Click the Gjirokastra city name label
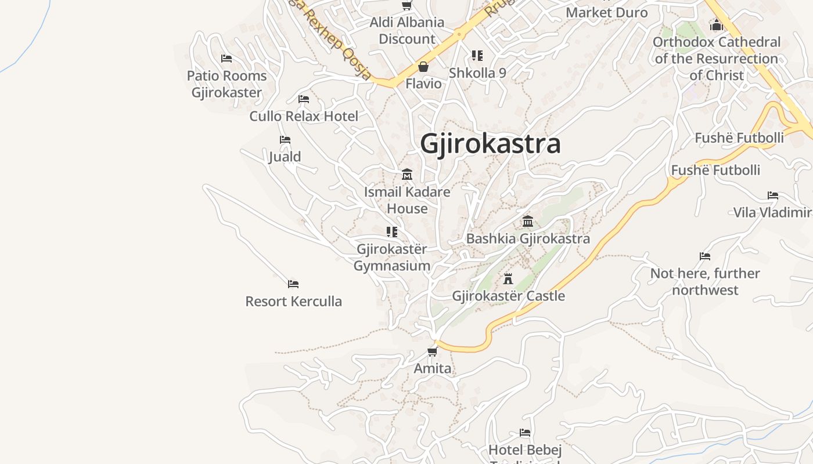click(x=490, y=143)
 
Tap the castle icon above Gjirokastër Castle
click(x=508, y=279)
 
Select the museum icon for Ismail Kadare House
click(x=407, y=175)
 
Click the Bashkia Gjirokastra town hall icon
click(x=528, y=222)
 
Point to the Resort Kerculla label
click(x=293, y=301)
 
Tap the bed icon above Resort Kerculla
click(x=293, y=284)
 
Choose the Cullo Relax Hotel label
click(x=304, y=116)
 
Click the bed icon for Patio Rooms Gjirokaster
click(x=226, y=59)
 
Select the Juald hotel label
click(x=285, y=157)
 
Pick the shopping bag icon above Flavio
click(x=423, y=67)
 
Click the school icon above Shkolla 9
click(x=477, y=56)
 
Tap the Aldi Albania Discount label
click(x=407, y=31)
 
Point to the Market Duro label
click(x=607, y=12)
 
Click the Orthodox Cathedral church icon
click(x=717, y=26)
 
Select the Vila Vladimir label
click(x=772, y=212)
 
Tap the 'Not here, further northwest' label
click(x=705, y=281)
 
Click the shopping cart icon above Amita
click(x=432, y=351)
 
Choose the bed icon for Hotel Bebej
click(x=525, y=433)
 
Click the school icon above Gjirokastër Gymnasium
click(x=392, y=232)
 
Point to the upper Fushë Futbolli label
click(x=739, y=137)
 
